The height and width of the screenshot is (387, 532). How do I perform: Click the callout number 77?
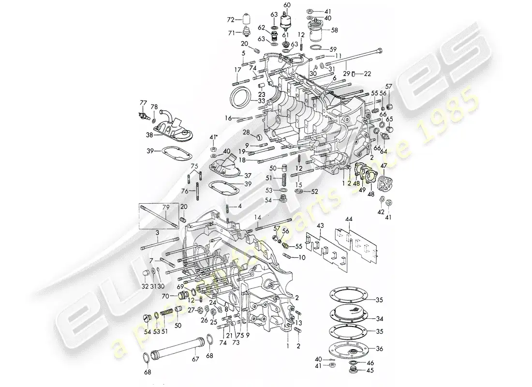click(143, 102)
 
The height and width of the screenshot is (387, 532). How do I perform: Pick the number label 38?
click(149, 136)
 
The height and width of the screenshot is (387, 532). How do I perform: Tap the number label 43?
click(320, 226)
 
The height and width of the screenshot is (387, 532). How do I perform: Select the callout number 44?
click(350, 219)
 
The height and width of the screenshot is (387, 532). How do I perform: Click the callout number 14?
click(257, 217)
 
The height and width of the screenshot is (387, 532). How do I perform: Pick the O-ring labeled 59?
click(316, 48)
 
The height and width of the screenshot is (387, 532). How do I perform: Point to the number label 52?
click(315, 191)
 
